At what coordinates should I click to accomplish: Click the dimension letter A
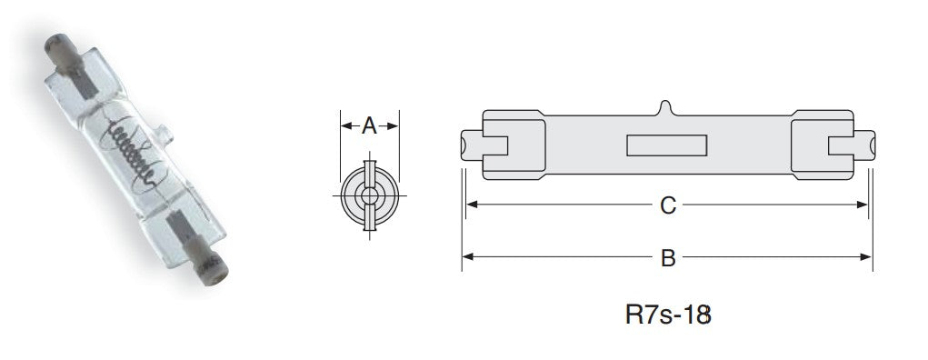point(369,125)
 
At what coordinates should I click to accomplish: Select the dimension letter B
point(667,258)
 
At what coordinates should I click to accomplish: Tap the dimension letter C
point(667,205)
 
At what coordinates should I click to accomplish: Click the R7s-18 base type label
point(667,315)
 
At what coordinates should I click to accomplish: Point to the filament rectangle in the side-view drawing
point(666,145)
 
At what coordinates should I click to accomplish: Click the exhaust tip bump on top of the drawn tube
point(666,108)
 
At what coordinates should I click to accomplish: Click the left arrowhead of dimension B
point(467,257)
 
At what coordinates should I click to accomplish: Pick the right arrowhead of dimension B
point(866,257)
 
